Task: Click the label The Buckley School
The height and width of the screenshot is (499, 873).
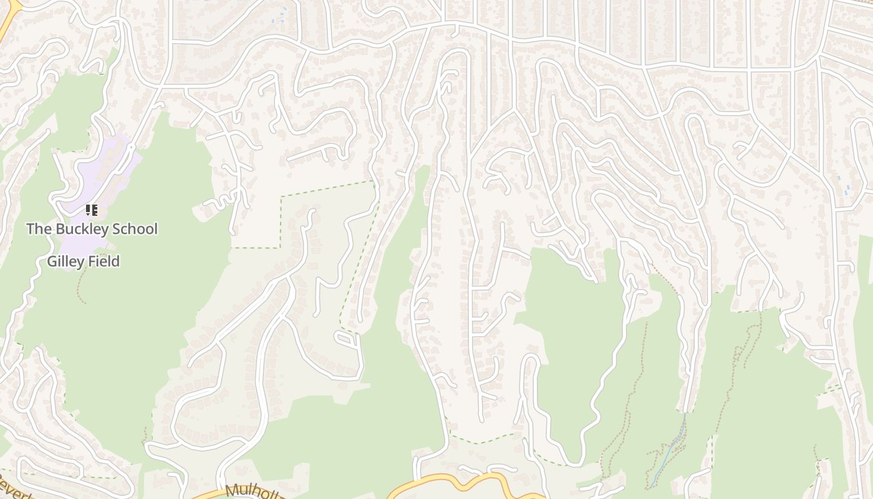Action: pos(92,229)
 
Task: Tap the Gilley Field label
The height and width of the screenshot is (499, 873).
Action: pos(83,261)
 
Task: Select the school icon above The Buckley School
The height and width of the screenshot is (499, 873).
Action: pos(92,210)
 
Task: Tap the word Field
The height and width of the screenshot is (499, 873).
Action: pos(104,261)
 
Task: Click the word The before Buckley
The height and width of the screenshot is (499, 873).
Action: pos(39,229)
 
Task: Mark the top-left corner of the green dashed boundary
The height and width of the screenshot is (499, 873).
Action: pos(281,197)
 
